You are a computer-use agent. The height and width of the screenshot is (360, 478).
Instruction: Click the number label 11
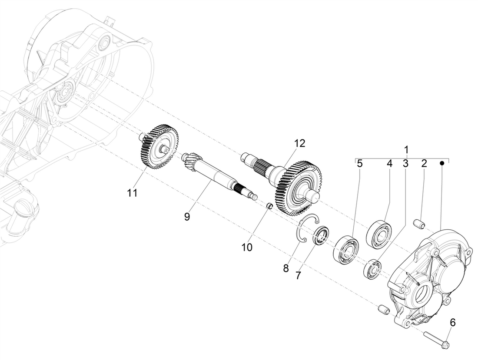(x=132, y=193)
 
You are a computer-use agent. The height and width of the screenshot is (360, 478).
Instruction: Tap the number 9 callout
(x=187, y=217)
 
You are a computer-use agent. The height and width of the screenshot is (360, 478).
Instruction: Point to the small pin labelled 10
(x=269, y=206)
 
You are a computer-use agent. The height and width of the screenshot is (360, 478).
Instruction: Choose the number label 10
(x=247, y=248)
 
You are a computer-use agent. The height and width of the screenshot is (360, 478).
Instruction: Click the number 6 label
(x=453, y=322)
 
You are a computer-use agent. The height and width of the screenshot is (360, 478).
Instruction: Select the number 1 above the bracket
(x=407, y=150)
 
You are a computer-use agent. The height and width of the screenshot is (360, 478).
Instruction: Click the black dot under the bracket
(x=442, y=164)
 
